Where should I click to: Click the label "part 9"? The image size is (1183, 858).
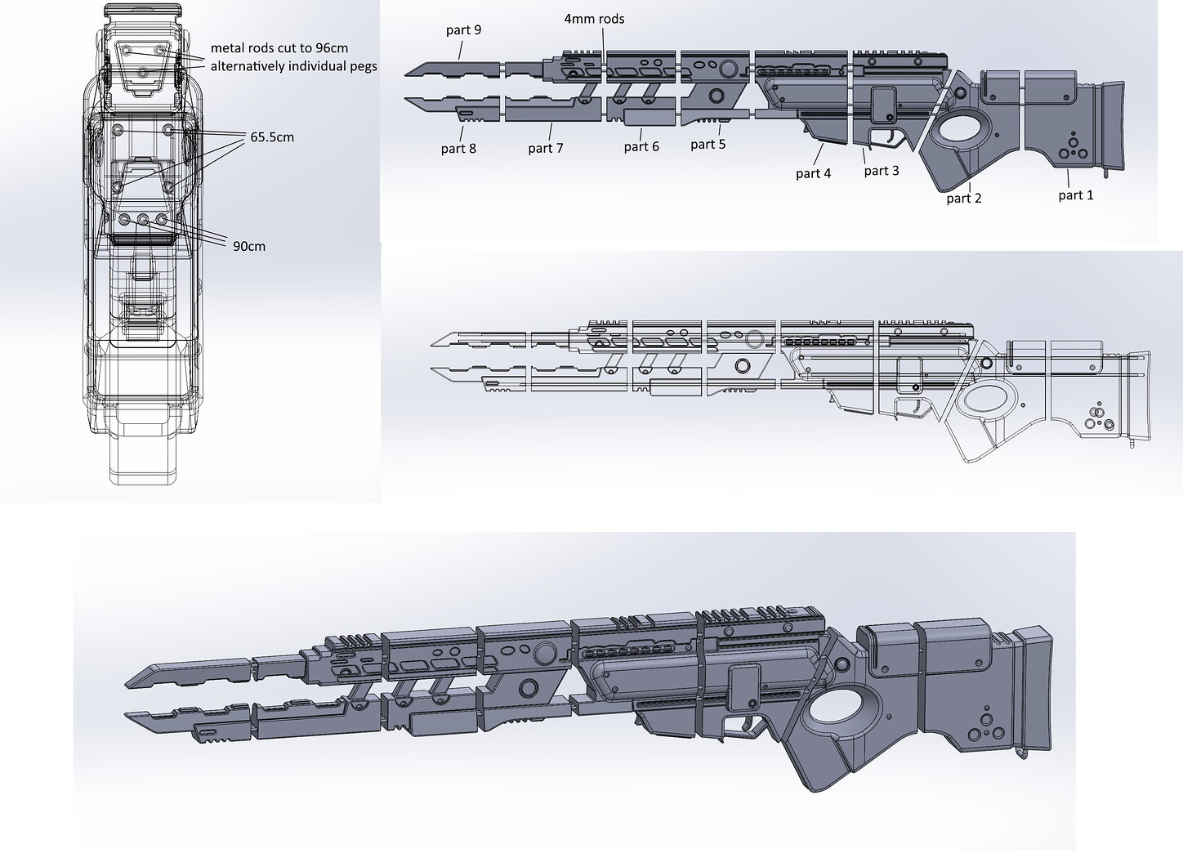[463, 30]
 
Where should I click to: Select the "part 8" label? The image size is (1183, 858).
[458, 148]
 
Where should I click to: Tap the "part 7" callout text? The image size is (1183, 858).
[546, 148]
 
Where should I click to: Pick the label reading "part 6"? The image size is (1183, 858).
[641, 146]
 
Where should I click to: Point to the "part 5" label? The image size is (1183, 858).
[708, 145]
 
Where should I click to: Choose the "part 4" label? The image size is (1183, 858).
[813, 173]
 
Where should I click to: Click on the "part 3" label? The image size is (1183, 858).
[882, 170]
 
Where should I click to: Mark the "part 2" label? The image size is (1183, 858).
[964, 198]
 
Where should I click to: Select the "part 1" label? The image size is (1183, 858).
[1075, 194]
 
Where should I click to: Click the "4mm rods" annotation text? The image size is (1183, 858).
[594, 18]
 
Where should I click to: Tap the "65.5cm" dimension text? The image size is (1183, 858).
[272, 137]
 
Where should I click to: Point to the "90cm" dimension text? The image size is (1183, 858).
[248, 246]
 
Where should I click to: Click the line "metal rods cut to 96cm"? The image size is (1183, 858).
[279, 48]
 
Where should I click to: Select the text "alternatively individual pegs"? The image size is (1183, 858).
[293, 65]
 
